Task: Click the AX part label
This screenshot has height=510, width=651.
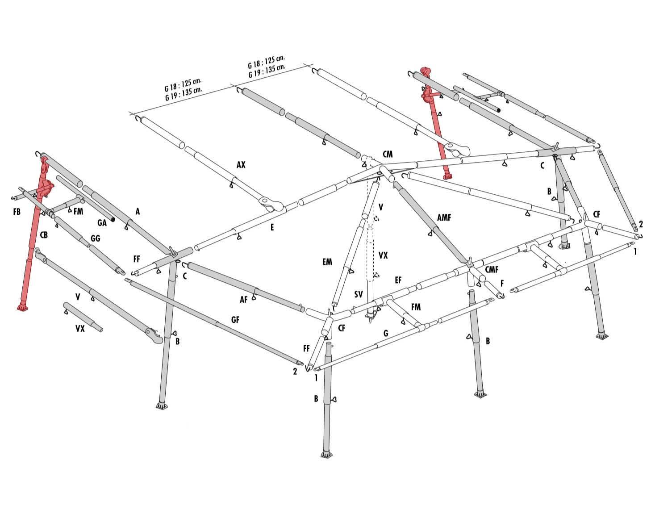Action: [x=241, y=164]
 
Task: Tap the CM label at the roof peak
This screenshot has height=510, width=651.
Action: [x=388, y=154]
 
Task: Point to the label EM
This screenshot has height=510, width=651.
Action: [x=327, y=262]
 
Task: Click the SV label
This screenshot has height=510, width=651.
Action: [x=358, y=294]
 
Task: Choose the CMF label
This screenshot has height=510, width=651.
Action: [x=492, y=269]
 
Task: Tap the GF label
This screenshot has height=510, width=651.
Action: [x=235, y=320]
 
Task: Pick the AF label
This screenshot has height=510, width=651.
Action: [x=243, y=299]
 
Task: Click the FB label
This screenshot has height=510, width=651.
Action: [x=17, y=212]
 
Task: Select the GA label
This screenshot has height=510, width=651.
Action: [x=102, y=223]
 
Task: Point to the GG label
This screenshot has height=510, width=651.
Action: [x=95, y=238]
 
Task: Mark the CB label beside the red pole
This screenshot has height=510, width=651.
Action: [x=44, y=235]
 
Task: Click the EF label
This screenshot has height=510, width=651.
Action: [x=398, y=280]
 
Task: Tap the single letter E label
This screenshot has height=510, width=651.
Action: [x=272, y=227]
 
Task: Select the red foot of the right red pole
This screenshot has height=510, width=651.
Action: [x=447, y=177]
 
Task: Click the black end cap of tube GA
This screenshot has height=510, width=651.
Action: [x=113, y=220]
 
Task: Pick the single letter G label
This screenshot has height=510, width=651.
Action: [x=386, y=333]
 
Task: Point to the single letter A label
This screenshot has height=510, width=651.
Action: [x=138, y=212]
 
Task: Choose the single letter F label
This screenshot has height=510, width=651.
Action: [x=502, y=283]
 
